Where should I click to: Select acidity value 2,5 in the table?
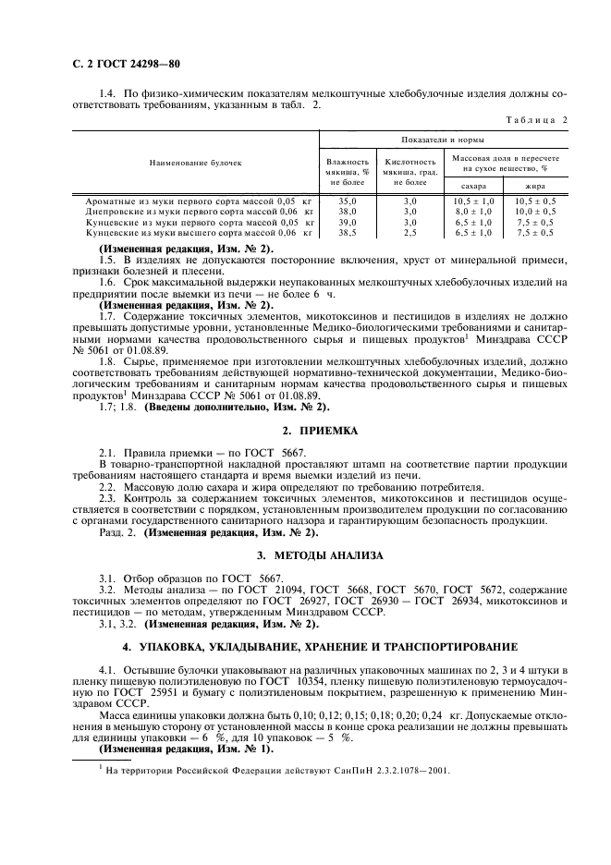tap(411, 234)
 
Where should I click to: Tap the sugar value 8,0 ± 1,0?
tap(473, 212)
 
